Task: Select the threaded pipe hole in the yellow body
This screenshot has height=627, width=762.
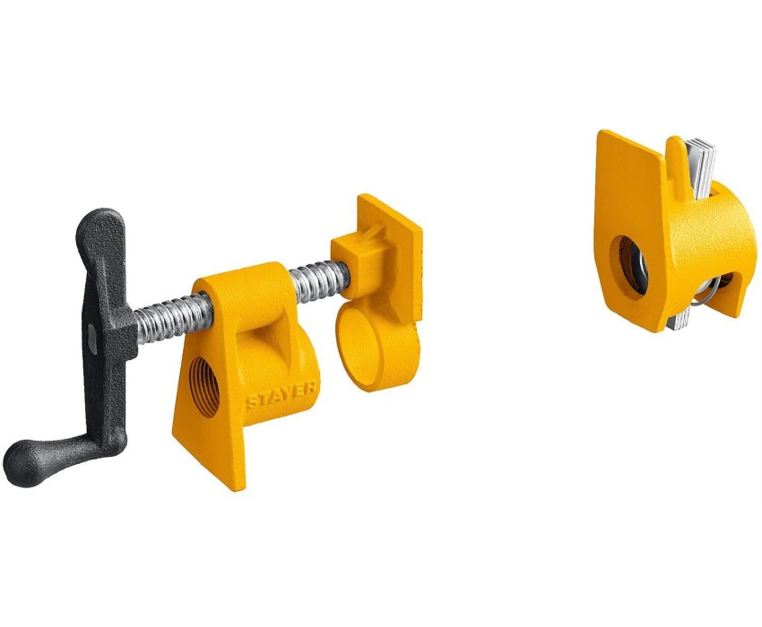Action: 203,387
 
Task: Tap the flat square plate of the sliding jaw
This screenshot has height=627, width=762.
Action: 389,257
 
